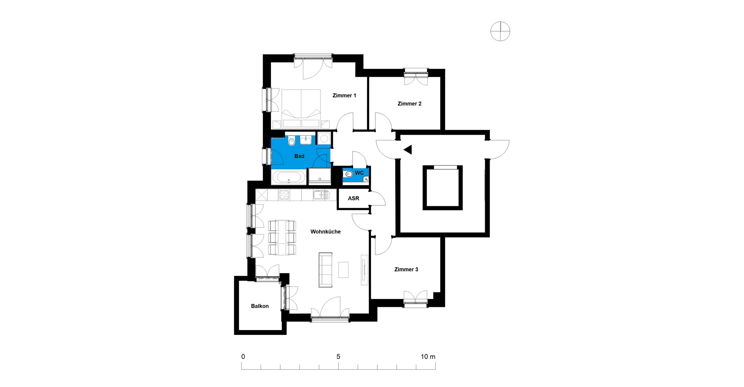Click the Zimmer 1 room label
tap(344, 95)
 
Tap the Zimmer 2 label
tap(409, 104)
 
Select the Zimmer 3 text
tap(406, 269)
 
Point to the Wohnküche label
tap(325, 231)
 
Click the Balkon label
tap(260, 306)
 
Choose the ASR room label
tap(353, 198)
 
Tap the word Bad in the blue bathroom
tap(299, 156)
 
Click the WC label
tap(359, 173)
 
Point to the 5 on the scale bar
tap(338, 356)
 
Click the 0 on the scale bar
tap(243, 356)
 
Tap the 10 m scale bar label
tap(428, 356)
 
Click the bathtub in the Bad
tap(289, 177)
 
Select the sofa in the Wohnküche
tap(325, 270)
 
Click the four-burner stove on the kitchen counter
tap(284, 195)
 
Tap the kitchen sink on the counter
tap(321, 195)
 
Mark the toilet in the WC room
tap(349, 174)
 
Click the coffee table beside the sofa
tap(343, 270)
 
